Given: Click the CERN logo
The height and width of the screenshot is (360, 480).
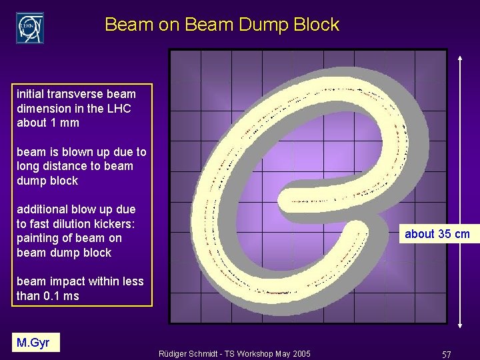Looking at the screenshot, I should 30,27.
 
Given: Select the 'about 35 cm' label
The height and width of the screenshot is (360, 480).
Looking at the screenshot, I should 437,234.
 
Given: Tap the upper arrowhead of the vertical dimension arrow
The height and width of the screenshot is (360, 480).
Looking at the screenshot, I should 460,58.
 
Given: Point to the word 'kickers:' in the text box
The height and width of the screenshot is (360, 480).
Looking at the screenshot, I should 125,224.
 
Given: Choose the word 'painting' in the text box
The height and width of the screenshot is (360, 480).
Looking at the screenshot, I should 37,238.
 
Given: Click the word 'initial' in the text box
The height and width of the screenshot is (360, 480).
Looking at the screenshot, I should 33,94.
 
